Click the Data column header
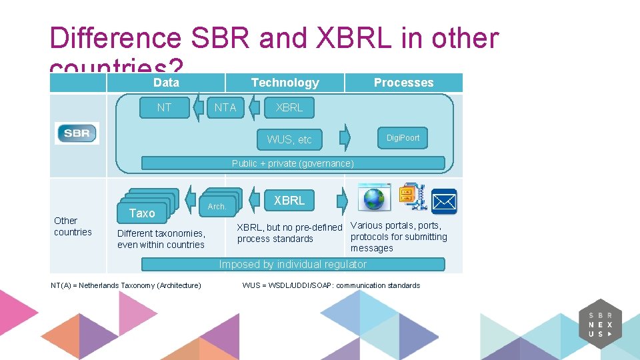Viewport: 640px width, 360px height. [166, 83]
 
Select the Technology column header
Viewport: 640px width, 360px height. [285, 83]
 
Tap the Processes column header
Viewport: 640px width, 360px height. [403, 83]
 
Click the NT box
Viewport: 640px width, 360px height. [164, 107]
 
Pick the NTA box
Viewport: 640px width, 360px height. [225, 107]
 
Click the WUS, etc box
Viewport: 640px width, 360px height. [289, 139]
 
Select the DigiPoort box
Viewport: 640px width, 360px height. [403, 138]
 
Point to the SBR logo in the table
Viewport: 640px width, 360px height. [77, 133]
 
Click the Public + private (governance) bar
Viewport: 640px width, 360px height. [293, 163]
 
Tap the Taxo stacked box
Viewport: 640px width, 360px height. [142, 213]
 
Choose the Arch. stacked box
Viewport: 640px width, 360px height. [217, 206]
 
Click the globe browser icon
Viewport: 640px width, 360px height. [375, 198]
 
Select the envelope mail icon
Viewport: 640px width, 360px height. [444, 201]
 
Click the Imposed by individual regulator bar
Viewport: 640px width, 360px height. [293, 265]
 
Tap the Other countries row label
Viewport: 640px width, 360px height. [73, 226]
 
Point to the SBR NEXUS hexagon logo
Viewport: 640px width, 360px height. [600, 324]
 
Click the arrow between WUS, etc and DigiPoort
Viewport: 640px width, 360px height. [345, 137]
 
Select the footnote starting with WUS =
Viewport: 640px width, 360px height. [331, 285]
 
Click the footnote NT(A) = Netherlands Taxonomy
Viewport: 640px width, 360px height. [126, 285]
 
